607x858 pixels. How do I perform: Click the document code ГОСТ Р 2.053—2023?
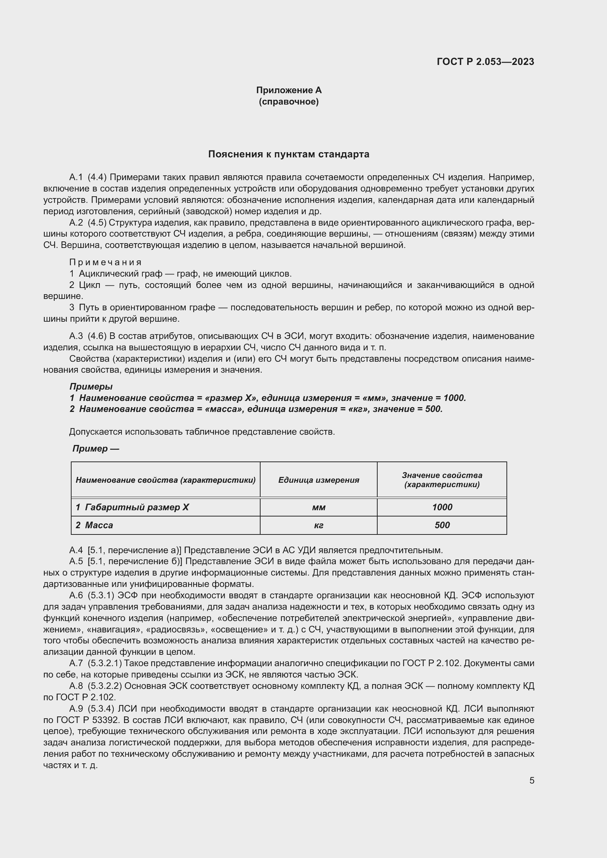(485, 62)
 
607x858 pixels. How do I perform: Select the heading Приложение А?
(288, 90)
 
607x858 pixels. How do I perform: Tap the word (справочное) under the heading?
(288, 102)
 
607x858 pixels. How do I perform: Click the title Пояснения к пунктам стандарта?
(288, 154)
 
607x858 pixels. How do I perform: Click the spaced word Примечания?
(105, 262)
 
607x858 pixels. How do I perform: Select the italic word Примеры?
(91, 386)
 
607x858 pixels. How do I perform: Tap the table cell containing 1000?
(442, 507)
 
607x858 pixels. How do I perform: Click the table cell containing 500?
(442, 525)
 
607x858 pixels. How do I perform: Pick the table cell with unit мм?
(319, 507)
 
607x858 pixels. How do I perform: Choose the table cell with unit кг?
(319, 525)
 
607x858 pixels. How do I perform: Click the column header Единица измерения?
(319, 480)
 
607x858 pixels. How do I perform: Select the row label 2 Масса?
(94, 525)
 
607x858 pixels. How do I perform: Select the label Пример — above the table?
(96, 448)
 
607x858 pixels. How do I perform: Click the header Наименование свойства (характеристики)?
(166, 480)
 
